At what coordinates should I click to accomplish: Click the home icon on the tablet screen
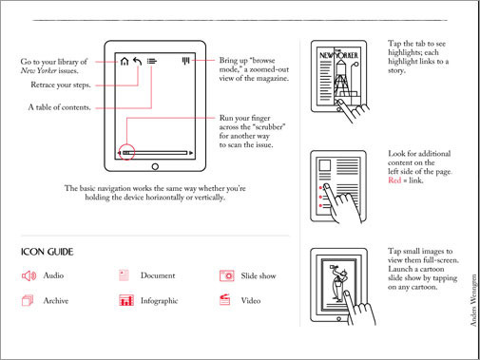pyautogui.click(x=125, y=61)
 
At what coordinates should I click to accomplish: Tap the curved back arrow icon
pyautogui.click(x=137, y=61)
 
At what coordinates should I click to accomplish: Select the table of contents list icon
pyautogui.click(x=152, y=61)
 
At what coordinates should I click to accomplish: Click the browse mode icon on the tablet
pyautogui.click(x=185, y=61)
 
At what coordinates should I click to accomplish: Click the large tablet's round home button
pyautogui.click(x=155, y=166)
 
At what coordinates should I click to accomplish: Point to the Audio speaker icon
pyautogui.click(x=29, y=275)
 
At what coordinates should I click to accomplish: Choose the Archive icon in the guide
pyautogui.click(x=28, y=300)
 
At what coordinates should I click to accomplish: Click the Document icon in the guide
pyautogui.click(x=124, y=275)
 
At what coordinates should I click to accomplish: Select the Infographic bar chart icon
pyautogui.click(x=126, y=300)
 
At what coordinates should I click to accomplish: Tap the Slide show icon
pyautogui.click(x=227, y=275)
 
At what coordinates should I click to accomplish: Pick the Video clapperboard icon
pyautogui.click(x=224, y=300)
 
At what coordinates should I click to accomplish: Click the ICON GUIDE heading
pyautogui.click(x=48, y=252)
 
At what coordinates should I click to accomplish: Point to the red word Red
pyautogui.click(x=394, y=180)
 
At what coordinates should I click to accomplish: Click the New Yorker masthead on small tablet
pyautogui.click(x=338, y=54)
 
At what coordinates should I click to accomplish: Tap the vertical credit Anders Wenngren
pyautogui.click(x=473, y=300)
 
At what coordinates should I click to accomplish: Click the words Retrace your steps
pyautogui.click(x=61, y=85)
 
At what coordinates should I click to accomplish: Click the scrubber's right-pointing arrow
pyautogui.click(x=191, y=153)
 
